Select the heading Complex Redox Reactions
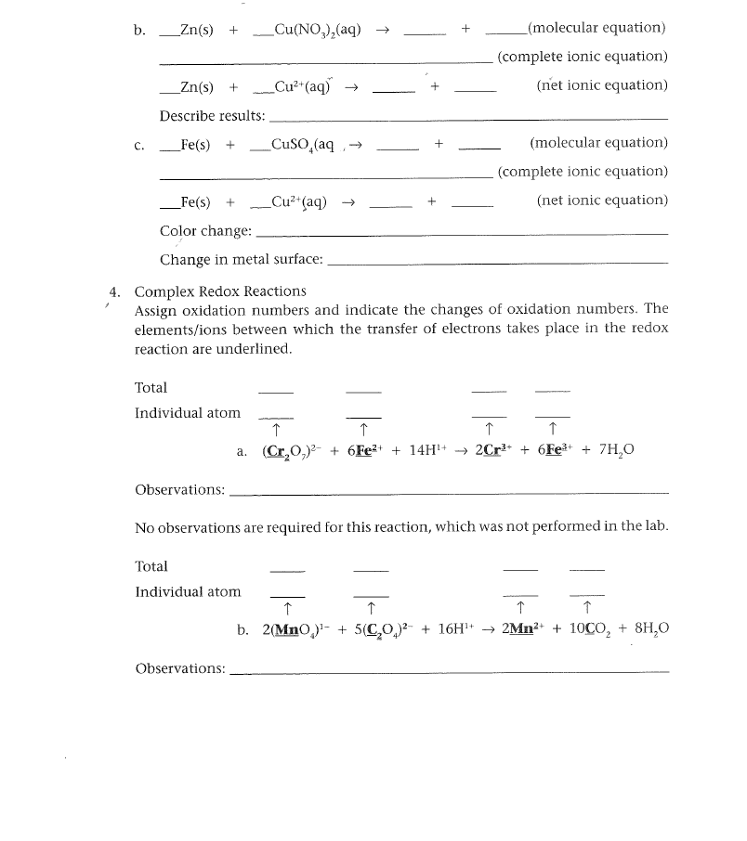coord(220,291)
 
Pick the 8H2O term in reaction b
coord(649,628)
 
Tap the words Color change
coord(205,231)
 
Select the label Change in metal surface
coord(242,260)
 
